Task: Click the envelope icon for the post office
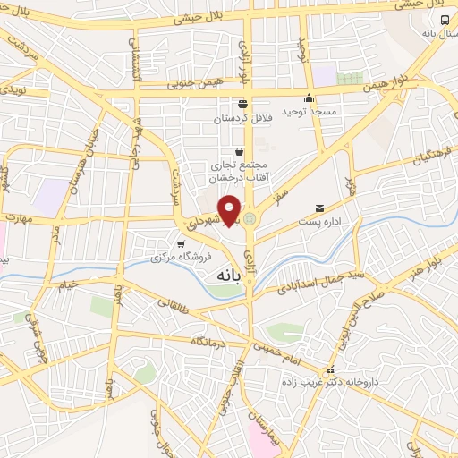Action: [318, 206]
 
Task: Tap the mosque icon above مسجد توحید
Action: [310, 98]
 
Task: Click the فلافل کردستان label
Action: [242, 117]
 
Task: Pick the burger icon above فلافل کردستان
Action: [242, 105]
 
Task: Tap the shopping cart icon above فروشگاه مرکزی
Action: [181, 243]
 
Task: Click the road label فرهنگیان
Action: [434, 161]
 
